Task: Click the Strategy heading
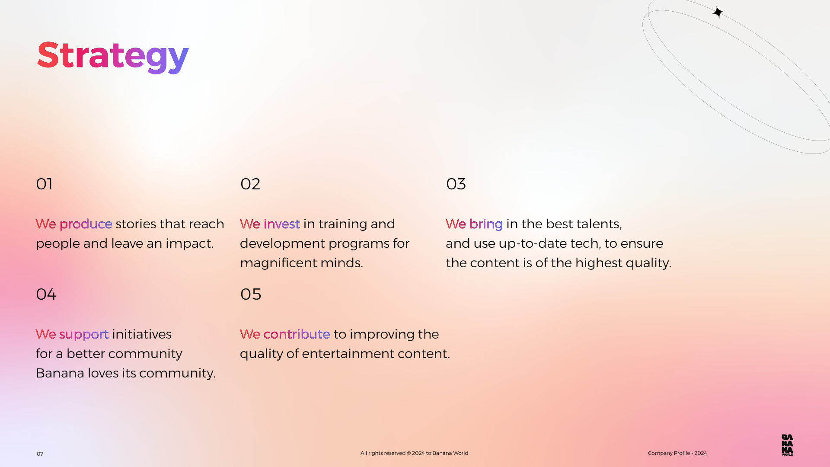(x=113, y=56)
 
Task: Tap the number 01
(x=44, y=184)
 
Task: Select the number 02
(x=250, y=184)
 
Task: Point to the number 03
(x=456, y=184)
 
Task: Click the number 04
(x=46, y=294)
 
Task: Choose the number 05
(x=251, y=294)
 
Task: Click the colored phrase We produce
(x=74, y=224)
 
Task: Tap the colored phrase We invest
(x=270, y=224)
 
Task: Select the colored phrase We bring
(x=474, y=224)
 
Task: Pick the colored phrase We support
(x=72, y=335)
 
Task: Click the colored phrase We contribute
(x=285, y=334)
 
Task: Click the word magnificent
(x=278, y=263)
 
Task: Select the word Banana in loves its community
(x=60, y=373)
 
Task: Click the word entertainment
(x=348, y=354)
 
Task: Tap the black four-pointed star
(x=718, y=12)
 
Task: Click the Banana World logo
(x=787, y=445)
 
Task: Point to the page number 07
(x=40, y=454)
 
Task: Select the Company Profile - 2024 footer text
(x=677, y=453)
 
